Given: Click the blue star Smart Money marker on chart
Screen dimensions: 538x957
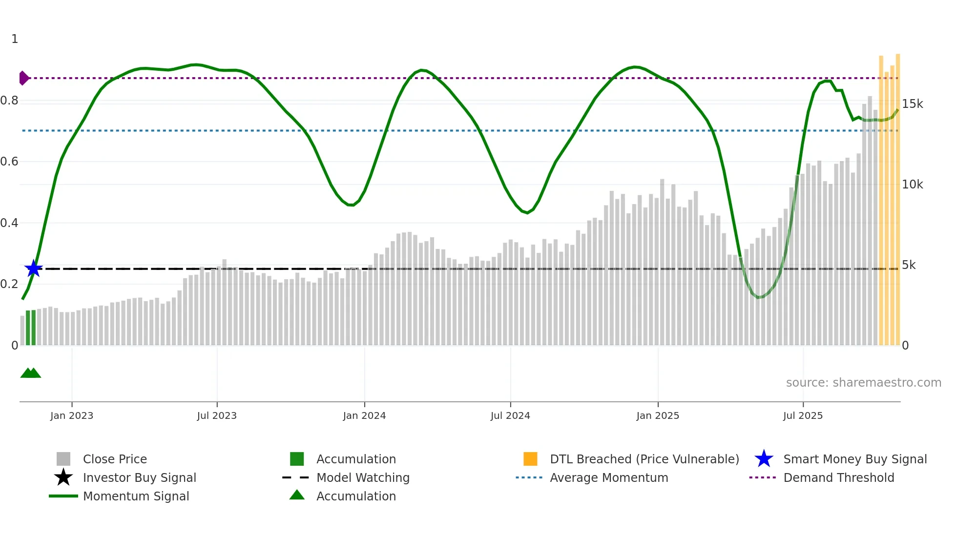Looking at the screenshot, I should (x=34, y=269).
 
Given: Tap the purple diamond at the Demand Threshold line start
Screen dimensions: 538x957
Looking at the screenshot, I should (x=23, y=78).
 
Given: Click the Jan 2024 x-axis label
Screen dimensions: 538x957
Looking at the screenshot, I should (x=364, y=415).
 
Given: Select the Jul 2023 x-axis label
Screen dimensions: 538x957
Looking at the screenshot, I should (x=217, y=415).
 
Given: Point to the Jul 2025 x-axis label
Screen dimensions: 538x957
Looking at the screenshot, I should (x=803, y=415).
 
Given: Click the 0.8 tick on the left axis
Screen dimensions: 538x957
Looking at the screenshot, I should (x=9, y=101).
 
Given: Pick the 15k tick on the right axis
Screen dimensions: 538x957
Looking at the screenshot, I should (x=912, y=104).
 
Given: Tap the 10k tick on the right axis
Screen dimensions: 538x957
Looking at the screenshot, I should (x=912, y=185).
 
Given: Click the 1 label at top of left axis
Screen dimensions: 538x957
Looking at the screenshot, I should (x=15, y=39).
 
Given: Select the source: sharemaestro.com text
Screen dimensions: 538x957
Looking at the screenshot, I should (x=863, y=382).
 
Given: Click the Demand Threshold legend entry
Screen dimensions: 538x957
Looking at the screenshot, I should (x=838, y=477).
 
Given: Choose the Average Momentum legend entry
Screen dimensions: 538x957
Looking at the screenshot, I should (x=608, y=477).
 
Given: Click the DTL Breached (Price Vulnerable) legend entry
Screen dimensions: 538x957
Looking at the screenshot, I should (x=644, y=459).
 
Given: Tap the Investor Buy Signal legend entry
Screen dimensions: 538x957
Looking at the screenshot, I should (x=139, y=477).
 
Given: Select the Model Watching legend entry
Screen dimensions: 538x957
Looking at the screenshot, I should (x=362, y=477).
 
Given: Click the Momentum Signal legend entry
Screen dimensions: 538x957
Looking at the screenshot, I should (x=136, y=496).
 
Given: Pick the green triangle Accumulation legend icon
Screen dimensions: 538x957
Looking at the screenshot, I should (x=297, y=495).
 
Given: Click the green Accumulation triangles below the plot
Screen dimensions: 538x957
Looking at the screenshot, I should (x=31, y=373).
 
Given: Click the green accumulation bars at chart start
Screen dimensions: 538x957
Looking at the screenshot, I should (x=31, y=328).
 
